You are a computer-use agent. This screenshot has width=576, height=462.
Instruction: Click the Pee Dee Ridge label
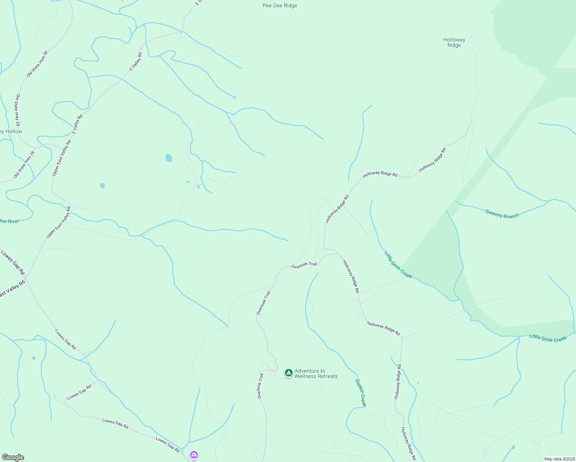click(280, 6)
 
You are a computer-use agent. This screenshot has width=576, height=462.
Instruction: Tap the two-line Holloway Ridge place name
click(454, 42)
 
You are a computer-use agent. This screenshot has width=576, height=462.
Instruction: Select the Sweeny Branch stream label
click(502, 214)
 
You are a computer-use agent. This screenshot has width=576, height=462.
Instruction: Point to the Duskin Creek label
click(361, 392)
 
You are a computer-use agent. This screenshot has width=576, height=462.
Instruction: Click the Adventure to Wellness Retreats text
click(316, 373)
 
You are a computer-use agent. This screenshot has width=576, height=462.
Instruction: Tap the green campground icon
click(288, 372)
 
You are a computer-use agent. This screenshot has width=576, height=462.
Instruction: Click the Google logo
click(13, 457)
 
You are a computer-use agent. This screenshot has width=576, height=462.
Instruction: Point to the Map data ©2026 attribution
click(559, 459)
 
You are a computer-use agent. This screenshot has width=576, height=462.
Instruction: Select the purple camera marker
click(194, 455)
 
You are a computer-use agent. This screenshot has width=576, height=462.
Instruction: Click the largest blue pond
click(169, 158)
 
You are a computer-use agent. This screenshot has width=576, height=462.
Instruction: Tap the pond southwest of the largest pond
click(102, 186)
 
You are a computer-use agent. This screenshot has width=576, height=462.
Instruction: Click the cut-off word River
click(10, 221)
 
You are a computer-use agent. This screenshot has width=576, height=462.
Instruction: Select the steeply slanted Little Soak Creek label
click(398, 264)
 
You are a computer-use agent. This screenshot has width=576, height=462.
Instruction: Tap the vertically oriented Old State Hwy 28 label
click(17, 110)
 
